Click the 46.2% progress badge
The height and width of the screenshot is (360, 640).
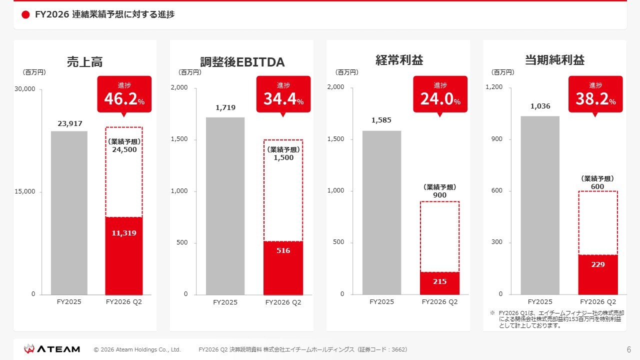point(124,94)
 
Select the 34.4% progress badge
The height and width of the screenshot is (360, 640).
point(283,94)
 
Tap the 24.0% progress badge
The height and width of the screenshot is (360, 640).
point(440,94)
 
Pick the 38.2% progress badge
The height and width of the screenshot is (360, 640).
point(595,94)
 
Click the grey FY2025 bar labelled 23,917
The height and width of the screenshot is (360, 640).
point(69,212)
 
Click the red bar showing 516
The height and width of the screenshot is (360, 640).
point(283,268)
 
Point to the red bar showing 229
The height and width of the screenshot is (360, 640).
point(598,274)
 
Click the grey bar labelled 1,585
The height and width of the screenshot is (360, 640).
point(381,212)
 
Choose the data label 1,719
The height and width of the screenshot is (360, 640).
point(225,107)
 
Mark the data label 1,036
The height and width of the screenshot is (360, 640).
point(540,106)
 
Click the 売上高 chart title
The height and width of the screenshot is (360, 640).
point(85,62)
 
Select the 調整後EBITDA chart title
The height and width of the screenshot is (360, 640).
point(242,62)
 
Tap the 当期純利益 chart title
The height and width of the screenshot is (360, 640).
point(554,60)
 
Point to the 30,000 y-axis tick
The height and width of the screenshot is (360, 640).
point(26,89)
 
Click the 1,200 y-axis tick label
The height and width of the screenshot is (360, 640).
point(494,87)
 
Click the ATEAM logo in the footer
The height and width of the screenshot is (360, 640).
point(52,349)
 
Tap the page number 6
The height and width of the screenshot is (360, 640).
point(628,349)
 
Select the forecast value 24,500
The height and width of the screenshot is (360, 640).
point(124,149)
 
